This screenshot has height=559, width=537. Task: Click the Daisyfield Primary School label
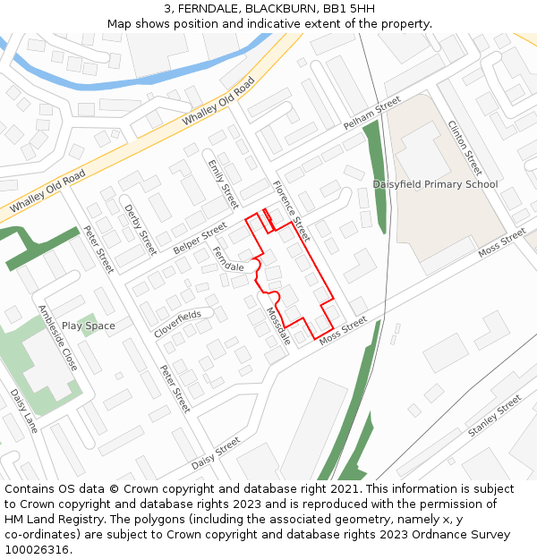[x=435, y=184]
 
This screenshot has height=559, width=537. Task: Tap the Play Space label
[x=89, y=326]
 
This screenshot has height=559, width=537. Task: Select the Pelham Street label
[x=372, y=117]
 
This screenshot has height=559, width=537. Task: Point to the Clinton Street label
[x=465, y=148]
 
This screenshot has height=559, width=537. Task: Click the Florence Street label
[x=291, y=211]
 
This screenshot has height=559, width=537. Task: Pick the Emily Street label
[x=223, y=183]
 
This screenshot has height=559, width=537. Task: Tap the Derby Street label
[x=141, y=230]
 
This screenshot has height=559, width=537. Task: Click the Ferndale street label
[x=228, y=261]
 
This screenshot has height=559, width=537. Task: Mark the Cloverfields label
[x=177, y=324]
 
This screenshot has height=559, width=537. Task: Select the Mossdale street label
[x=277, y=326]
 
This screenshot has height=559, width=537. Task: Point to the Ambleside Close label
[x=57, y=338]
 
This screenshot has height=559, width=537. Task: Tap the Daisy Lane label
[x=24, y=411]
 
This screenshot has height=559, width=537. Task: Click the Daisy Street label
[x=216, y=453]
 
